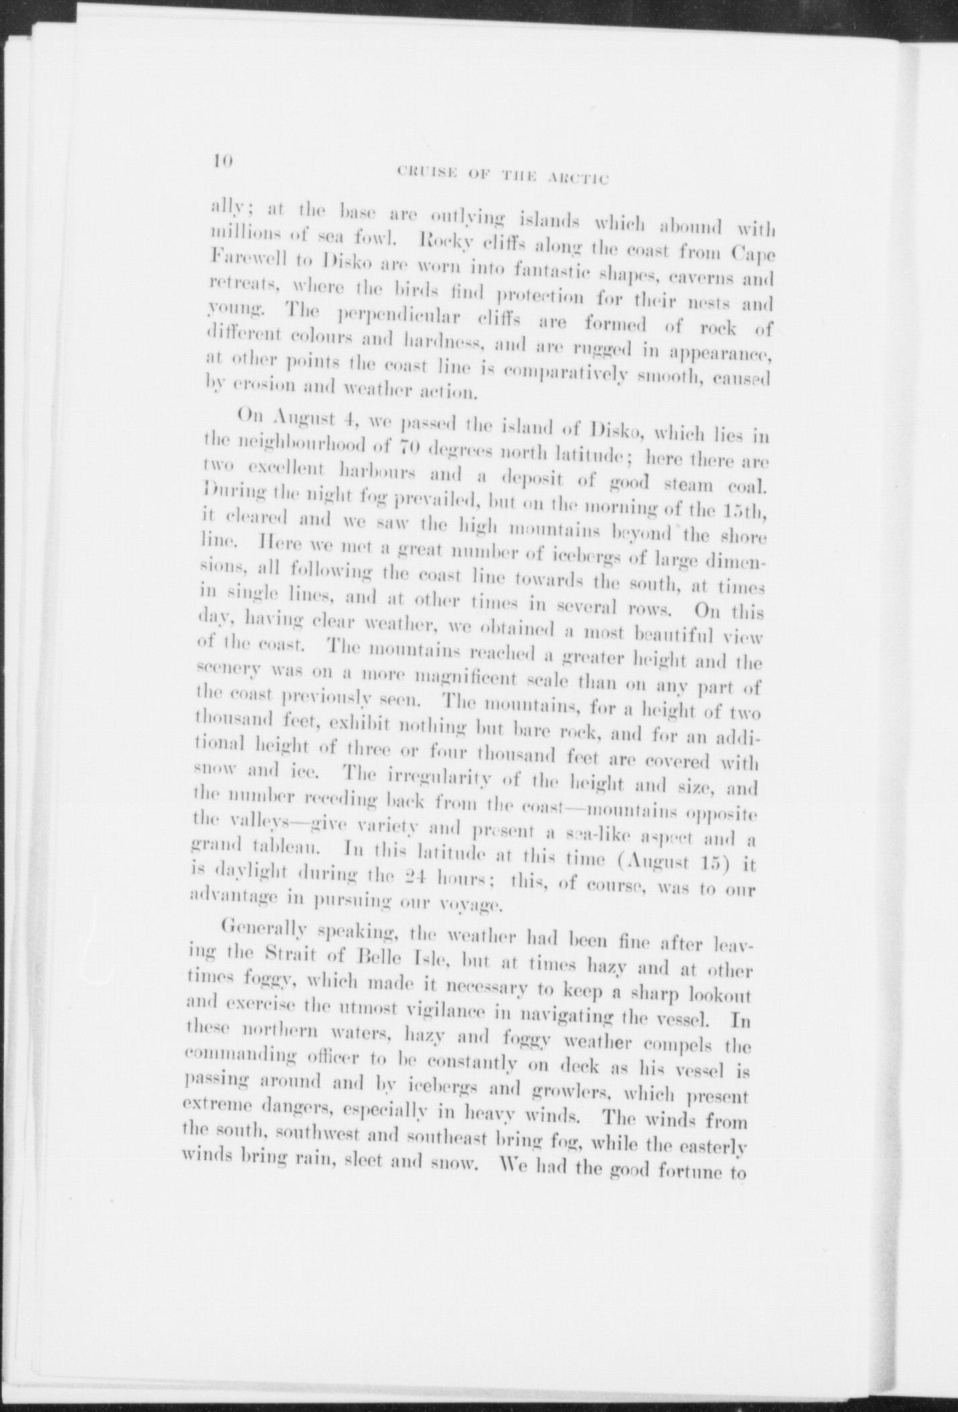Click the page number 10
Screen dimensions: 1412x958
(x=221, y=161)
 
